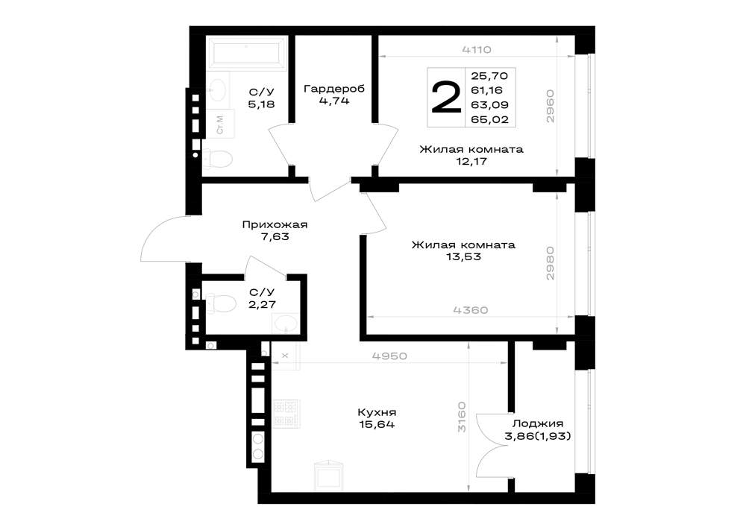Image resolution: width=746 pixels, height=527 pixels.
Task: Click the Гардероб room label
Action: click(x=334, y=89)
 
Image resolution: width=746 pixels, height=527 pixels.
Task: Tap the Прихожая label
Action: click(x=275, y=225)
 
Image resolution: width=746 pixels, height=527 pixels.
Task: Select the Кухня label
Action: click(x=377, y=412)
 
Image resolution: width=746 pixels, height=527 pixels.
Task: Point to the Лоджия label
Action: click(x=538, y=424)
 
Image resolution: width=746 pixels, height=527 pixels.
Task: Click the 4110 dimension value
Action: click(x=476, y=49)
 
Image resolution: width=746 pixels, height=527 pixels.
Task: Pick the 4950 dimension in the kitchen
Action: click(x=389, y=356)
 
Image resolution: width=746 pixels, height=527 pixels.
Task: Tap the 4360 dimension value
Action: click(x=471, y=310)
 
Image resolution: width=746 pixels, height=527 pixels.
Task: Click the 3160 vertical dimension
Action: click(x=462, y=417)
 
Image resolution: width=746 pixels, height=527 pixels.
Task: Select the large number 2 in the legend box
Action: click(x=446, y=98)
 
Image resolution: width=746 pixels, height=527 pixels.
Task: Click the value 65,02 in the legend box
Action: click(x=489, y=120)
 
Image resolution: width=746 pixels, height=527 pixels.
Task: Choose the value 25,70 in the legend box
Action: click(x=489, y=76)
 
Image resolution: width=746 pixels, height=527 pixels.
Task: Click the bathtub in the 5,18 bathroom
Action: click(x=246, y=52)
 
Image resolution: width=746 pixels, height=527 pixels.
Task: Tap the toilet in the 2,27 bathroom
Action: click(x=221, y=303)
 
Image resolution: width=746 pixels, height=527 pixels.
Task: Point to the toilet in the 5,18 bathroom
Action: click(x=217, y=159)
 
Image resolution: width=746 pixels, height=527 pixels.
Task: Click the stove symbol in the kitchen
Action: click(x=286, y=413)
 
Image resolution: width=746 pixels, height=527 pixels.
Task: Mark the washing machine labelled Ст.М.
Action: click(x=220, y=124)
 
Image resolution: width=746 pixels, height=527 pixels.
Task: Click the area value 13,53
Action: click(x=463, y=257)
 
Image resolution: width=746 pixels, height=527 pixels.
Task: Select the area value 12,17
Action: click(x=471, y=162)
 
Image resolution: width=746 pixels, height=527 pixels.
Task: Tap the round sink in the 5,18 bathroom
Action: click(x=219, y=89)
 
